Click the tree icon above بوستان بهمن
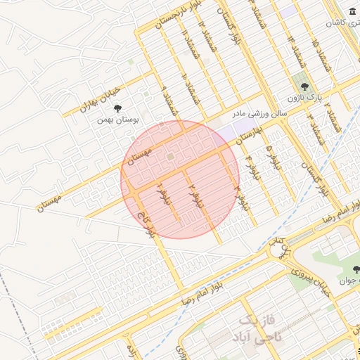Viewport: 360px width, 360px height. (x=117, y=108)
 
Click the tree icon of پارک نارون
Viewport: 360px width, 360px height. (x=304, y=86)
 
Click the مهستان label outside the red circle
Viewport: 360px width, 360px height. (x=49, y=203)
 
